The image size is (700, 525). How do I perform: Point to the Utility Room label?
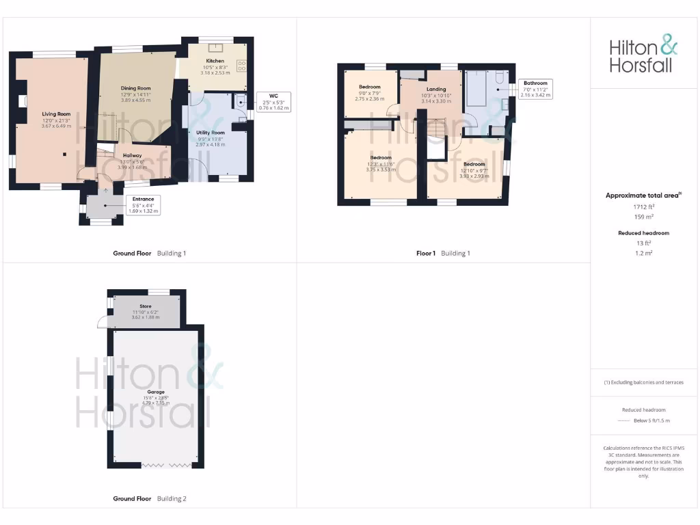point(210,133)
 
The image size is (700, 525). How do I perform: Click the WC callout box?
point(273,102)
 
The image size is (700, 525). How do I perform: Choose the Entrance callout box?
point(144,205)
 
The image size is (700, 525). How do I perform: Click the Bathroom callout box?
point(535,89)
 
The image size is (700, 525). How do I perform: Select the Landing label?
point(435,89)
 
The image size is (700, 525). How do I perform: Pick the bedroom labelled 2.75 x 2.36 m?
point(371,87)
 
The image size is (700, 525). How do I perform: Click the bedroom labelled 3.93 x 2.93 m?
point(474,164)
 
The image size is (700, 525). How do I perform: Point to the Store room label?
point(145,306)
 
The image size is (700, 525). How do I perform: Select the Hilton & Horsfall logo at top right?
point(644,56)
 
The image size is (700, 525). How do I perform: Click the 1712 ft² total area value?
point(644,206)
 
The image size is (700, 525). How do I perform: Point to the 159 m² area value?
point(644,217)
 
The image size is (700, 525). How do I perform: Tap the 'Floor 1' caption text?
point(426,253)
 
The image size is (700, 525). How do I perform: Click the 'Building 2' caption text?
point(172,499)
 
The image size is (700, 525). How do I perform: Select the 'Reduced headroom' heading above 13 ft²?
point(644,233)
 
